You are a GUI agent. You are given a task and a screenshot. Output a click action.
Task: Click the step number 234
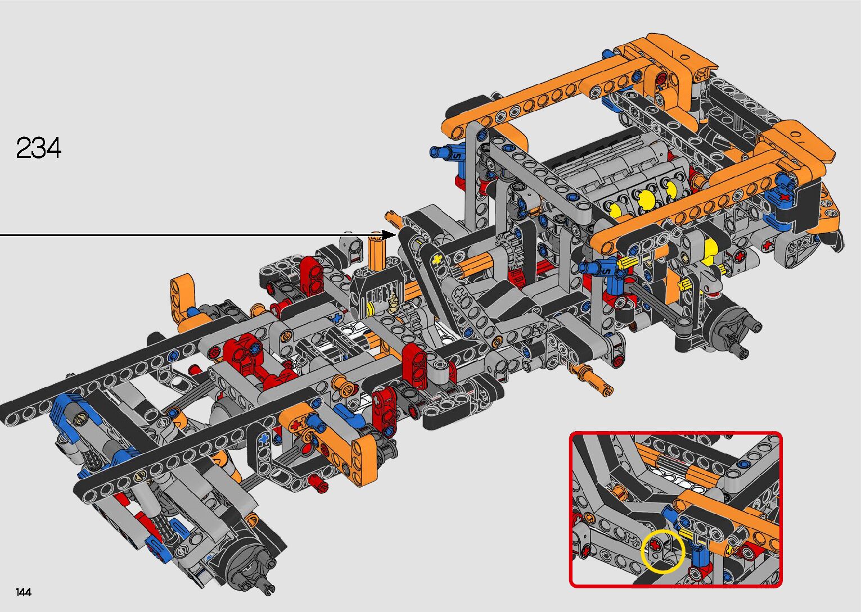[x=38, y=148]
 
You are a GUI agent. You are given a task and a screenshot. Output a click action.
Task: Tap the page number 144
[x=24, y=592]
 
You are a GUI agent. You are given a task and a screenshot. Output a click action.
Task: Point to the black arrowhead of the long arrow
[x=388, y=235]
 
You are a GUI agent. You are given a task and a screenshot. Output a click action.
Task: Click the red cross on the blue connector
[x=784, y=197]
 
